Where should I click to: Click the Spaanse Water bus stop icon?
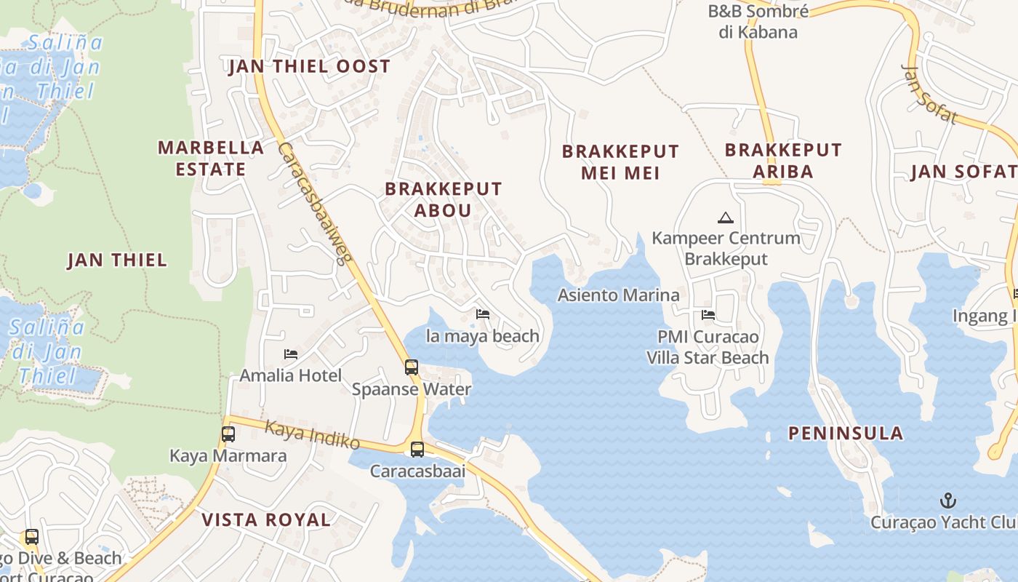coord(412,367)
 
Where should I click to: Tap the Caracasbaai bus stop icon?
coord(417,450)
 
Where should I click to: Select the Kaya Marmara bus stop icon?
coord(228,434)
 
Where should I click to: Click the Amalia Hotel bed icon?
coord(291,354)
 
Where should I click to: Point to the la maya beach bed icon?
coord(482,314)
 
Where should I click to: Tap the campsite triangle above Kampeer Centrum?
coord(725,218)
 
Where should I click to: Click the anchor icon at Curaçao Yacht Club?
coord(947,501)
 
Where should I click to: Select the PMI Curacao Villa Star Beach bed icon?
coord(708,315)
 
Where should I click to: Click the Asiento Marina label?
coord(618,295)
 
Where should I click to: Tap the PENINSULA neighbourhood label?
coord(846,434)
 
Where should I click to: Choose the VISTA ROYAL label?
coord(266,519)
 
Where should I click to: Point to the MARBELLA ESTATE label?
coord(211,158)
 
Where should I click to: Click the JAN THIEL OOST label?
coord(310,67)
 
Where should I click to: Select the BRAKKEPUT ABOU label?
coord(443,199)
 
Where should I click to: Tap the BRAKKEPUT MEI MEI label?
coord(620,162)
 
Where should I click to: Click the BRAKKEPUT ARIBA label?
coord(783,161)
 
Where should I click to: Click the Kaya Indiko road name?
coord(312,434)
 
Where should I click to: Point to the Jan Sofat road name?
coord(929,95)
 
